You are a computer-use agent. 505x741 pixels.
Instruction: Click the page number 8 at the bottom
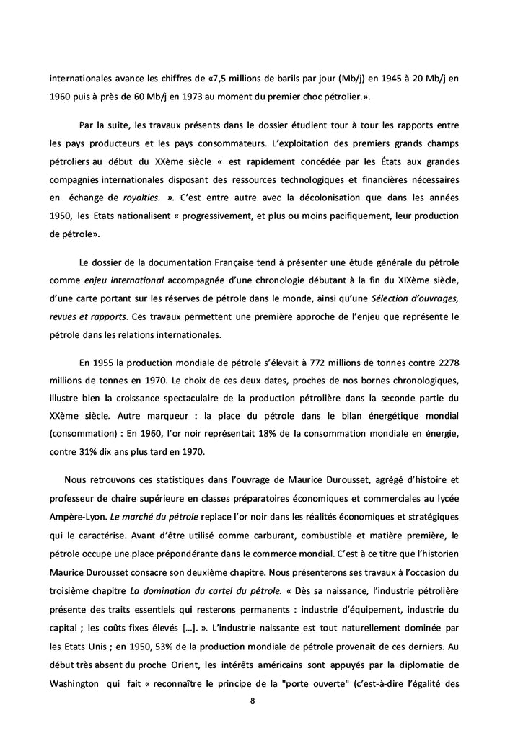tap(252, 700)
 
